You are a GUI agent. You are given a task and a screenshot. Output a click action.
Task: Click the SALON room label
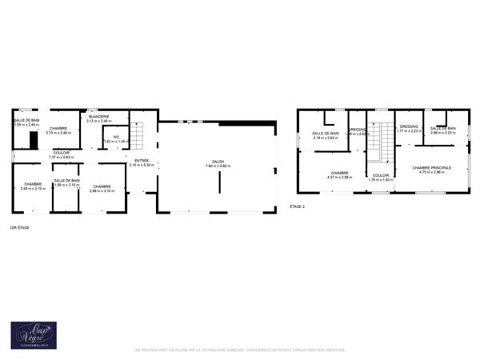tap(218, 161)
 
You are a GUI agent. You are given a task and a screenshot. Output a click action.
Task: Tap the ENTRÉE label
tap(142, 161)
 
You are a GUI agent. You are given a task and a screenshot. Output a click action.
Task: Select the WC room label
tap(116, 137)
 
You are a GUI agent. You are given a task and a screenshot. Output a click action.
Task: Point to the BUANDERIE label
tap(99, 116)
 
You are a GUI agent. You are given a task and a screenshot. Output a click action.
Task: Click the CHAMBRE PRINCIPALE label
tap(432, 167)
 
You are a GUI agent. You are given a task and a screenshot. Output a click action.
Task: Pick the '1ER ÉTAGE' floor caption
tap(19, 228)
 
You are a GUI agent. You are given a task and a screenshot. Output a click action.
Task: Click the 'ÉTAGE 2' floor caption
tap(298, 206)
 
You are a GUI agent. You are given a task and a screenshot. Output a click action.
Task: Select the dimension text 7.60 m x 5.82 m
tap(218, 166)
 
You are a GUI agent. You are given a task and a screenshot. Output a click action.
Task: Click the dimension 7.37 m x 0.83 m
tap(62, 157)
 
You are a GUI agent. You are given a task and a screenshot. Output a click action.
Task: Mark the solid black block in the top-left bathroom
tap(33, 140)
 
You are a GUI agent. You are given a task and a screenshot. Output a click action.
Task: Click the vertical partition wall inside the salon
tap(220, 182)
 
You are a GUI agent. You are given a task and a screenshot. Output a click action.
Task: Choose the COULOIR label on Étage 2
tap(381, 175)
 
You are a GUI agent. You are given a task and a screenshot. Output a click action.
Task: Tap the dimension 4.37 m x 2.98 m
tap(339, 178)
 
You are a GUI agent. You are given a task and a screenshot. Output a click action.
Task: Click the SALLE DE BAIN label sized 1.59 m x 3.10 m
tap(66, 180)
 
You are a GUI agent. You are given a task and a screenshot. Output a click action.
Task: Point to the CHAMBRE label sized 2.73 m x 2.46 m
tap(58, 128)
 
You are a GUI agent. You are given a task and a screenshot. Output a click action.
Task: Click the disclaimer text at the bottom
tap(240, 350)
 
